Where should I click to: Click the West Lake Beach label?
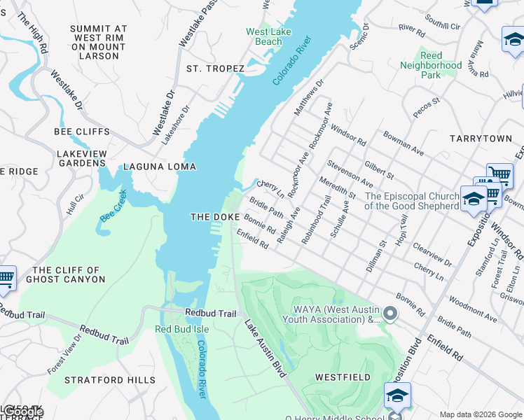pyautogui.click(x=264, y=37)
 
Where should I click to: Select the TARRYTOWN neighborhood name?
pyautogui.click(x=481, y=139)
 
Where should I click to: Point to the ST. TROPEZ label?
pyautogui.click(x=215, y=69)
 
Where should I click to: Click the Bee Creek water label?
pyautogui.click(x=113, y=206)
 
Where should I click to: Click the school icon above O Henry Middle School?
pyautogui.click(x=397, y=397)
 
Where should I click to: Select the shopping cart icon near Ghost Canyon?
pyautogui.click(x=6, y=278)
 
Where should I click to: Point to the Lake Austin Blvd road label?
pyautogui.click(x=266, y=349)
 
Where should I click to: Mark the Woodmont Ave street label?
pyautogui.click(x=473, y=308)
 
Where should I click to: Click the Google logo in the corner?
pyautogui.click(x=22, y=412)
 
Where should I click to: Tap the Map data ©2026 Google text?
pyautogui.click(x=480, y=414)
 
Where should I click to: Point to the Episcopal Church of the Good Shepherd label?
pyautogui.click(x=411, y=201)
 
